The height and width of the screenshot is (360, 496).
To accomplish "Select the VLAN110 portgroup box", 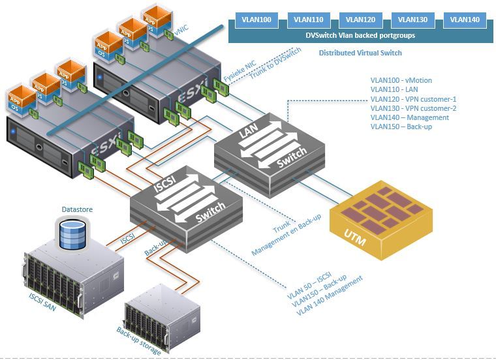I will pyautogui.click(x=308, y=20).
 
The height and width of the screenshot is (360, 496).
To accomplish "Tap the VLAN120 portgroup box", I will pyautogui.click(x=360, y=20).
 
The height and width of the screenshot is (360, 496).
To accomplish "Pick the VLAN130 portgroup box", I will pyautogui.click(x=412, y=20).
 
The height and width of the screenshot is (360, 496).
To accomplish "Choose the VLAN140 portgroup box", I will pyautogui.click(x=465, y=20).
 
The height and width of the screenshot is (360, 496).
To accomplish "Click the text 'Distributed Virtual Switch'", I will pyautogui.click(x=360, y=53).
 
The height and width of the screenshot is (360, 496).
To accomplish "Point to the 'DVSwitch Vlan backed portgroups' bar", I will pyautogui.click(x=360, y=35).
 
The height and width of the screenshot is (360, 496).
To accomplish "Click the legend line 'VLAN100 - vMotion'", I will pyautogui.click(x=401, y=80).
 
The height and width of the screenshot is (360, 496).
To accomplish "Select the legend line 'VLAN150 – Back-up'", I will pyautogui.click(x=401, y=127).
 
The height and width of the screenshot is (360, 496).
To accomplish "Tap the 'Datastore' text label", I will pyautogui.click(x=77, y=209).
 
